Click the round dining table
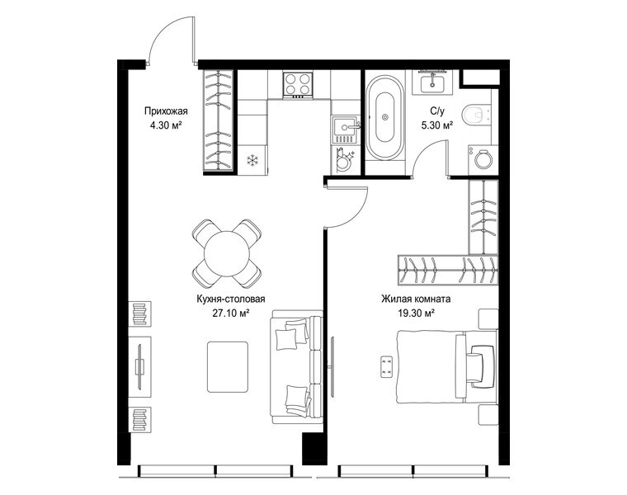[227, 253]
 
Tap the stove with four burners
[298, 85]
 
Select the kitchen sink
[344, 130]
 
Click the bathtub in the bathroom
[384, 117]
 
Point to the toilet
[476, 115]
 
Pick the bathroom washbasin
[432, 82]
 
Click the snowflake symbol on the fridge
[252, 161]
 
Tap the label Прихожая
[166, 111]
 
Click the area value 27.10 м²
[231, 313]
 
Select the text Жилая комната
[416, 299]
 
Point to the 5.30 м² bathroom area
[437, 125]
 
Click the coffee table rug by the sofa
[228, 366]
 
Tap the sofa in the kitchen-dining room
[296, 367]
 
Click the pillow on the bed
[482, 366]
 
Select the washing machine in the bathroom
[483, 159]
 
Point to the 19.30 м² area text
[416, 313]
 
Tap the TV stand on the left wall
[139, 366]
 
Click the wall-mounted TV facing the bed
[332, 366]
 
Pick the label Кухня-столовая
[231, 299]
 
